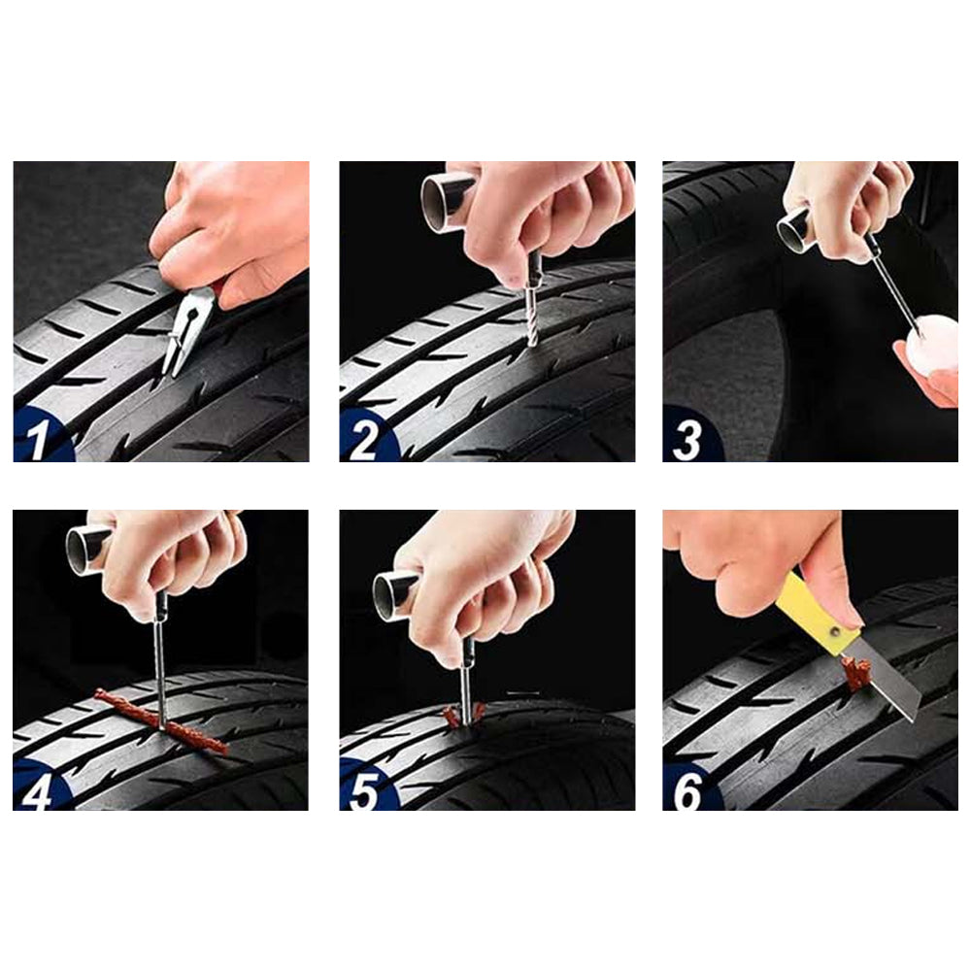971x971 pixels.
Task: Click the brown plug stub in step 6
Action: pos(854,672)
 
